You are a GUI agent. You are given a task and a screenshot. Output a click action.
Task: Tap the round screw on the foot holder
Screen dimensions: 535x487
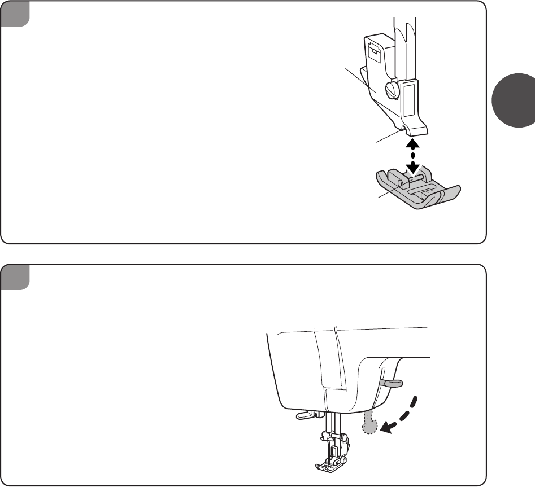coord(392,88)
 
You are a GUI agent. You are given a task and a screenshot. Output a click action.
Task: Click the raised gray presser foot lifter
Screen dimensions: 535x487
coord(394,383)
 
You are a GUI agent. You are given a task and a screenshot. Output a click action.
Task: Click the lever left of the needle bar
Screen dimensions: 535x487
coord(304,416)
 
